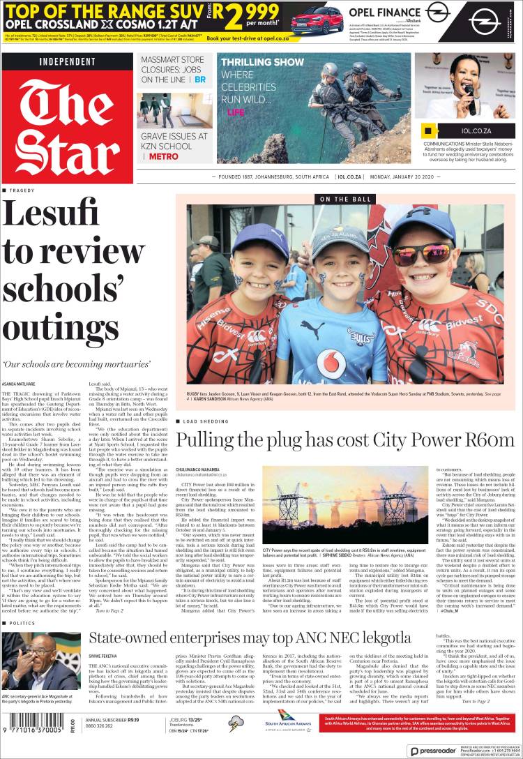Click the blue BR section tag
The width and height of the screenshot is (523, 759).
click(x=200, y=80)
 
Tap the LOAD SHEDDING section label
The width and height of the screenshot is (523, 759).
click(x=204, y=422)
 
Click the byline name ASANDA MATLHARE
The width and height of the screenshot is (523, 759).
click(x=20, y=384)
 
